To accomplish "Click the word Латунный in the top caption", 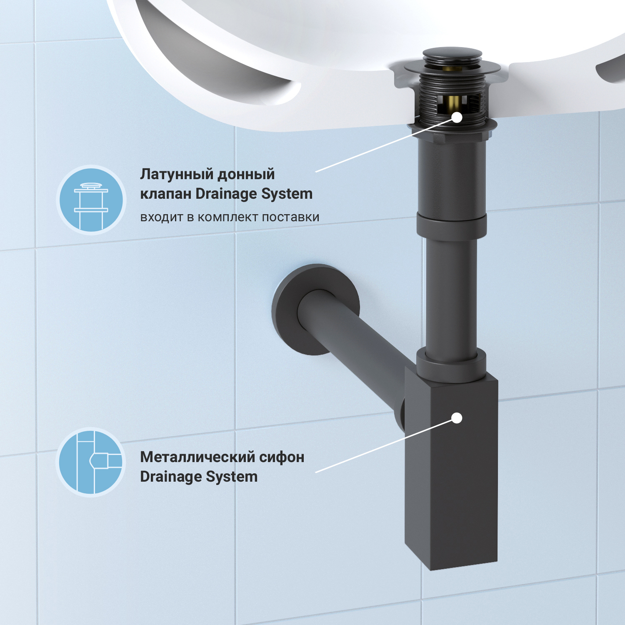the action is pos(176,175).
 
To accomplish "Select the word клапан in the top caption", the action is pos(165,194).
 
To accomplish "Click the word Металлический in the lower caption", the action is pos(197,457).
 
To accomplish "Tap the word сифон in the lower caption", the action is pos(282,457).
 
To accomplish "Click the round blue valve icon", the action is pos(91,200).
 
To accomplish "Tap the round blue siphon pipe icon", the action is pos(91,462).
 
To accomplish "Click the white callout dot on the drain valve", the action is pos(457,117).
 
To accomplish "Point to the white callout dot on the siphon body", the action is pos(457,418).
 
